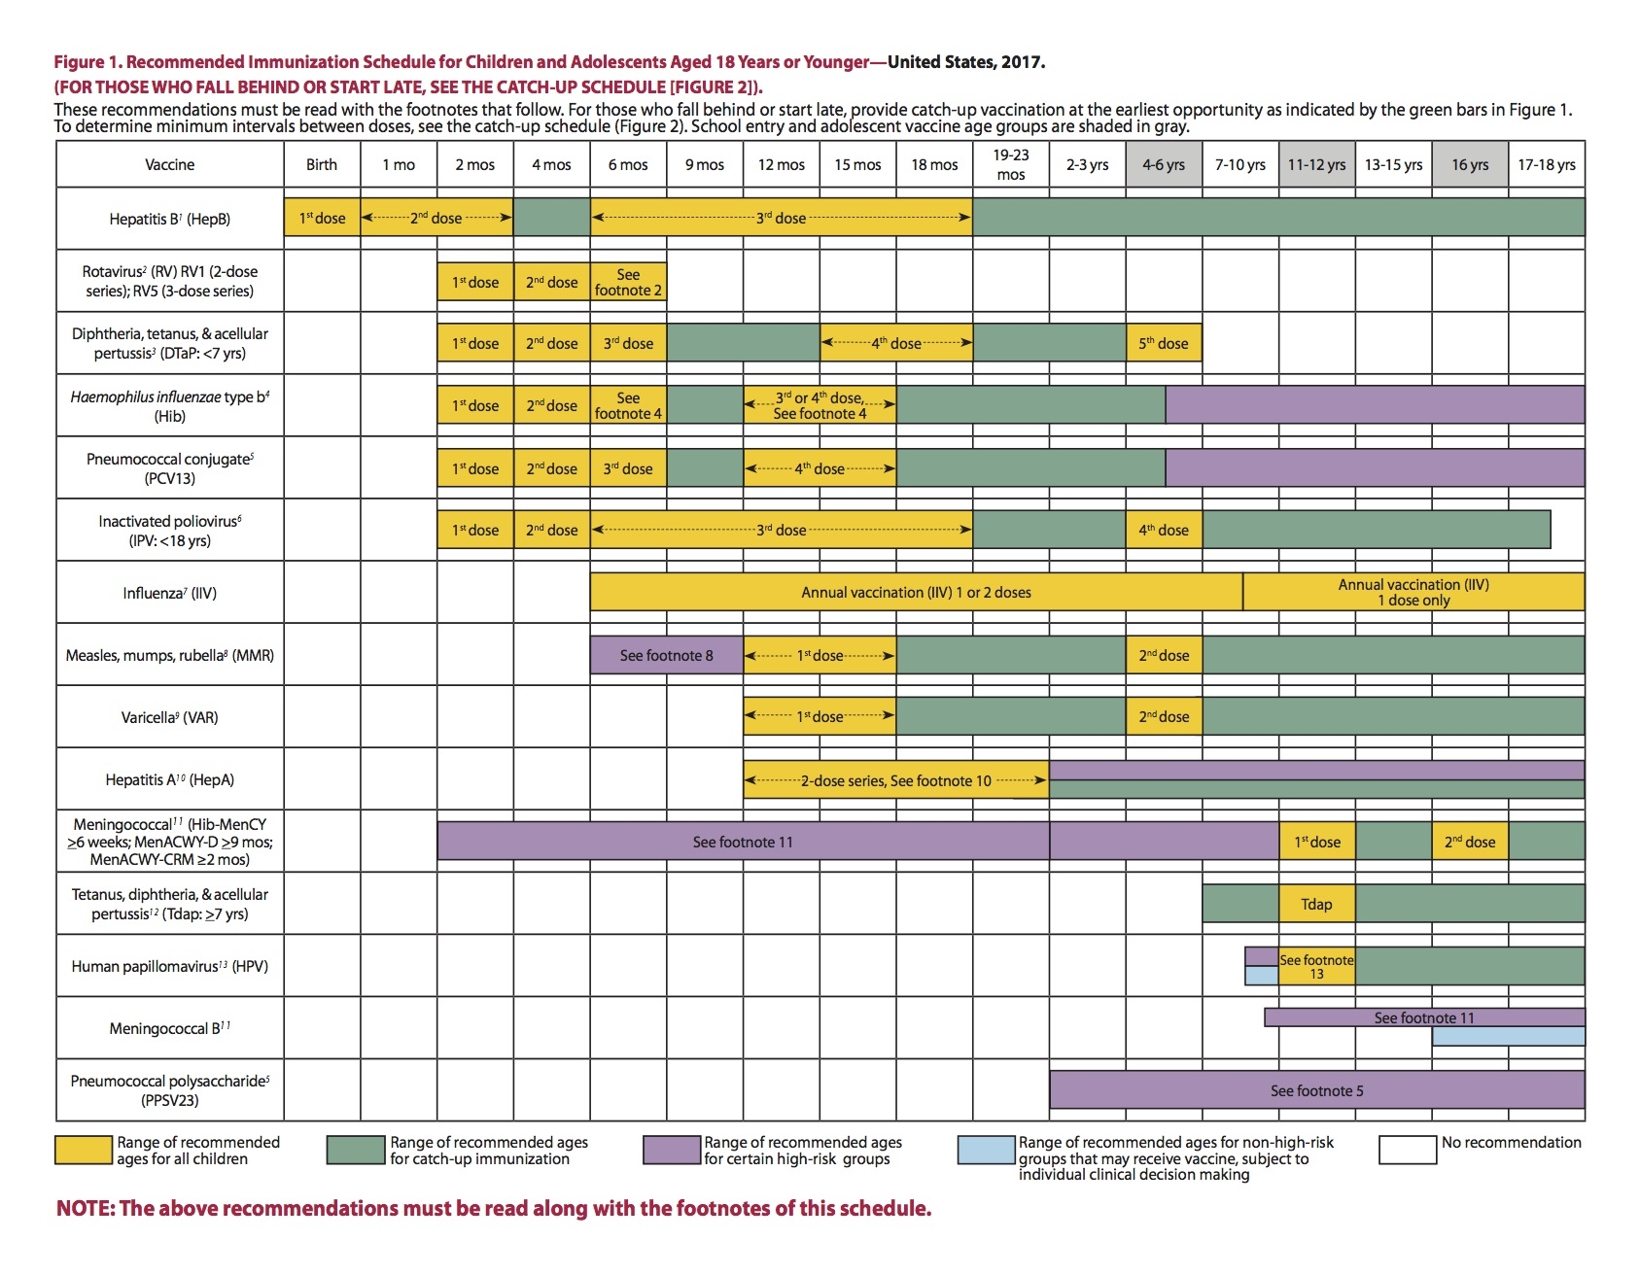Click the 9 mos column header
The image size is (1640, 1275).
pos(705,164)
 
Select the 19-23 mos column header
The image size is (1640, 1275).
pos(1011,164)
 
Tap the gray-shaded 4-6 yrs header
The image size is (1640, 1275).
pos(1164,164)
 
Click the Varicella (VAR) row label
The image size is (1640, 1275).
pos(169,717)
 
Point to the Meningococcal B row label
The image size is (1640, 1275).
pos(169,1028)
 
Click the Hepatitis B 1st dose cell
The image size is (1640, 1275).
pos(322,218)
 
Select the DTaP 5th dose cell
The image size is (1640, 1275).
pos(1164,343)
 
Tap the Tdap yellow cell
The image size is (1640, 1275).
pos(1316,904)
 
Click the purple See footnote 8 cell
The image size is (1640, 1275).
pos(666,655)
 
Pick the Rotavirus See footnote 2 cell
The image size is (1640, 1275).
pos(628,282)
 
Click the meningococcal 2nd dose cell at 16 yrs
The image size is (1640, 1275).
pos(1470,842)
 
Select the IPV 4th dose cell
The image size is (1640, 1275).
pos(1164,530)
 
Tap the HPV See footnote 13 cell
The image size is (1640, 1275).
pos(1316,966)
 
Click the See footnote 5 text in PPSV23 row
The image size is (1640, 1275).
pos(1316,1090)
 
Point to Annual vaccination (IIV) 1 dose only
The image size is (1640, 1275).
pos(1413,592)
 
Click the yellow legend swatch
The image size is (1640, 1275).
pos(84,1150)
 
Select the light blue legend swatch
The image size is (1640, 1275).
pos(986,1150)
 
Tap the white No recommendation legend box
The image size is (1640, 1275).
pos(1407,1150)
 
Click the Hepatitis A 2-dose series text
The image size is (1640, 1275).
pos(895,780)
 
